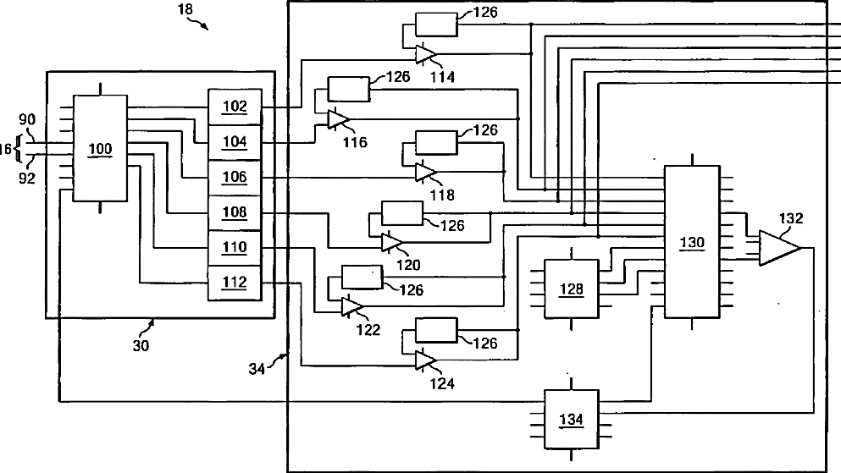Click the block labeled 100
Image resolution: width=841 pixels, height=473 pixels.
click(x=100, y=148)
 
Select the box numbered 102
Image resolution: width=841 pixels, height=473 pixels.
click(x=235, y=107)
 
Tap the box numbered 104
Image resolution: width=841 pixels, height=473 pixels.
click(x=235, y=142)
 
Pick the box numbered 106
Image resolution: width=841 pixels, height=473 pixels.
click(x=235, y=178)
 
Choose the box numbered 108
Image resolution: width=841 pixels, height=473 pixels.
click(x=235, y=213)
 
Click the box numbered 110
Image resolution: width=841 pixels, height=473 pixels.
click(x=235, y=248)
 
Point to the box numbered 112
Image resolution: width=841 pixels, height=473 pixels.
click(x=235, y=283)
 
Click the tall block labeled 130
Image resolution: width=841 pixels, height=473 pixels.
click(x=692, y=242)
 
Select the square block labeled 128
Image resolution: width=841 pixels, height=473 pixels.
click(x=571, y=289)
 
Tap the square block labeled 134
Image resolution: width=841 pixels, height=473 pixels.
click(x=571, y=419)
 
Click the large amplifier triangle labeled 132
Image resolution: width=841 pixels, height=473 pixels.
click(x=779, y=248)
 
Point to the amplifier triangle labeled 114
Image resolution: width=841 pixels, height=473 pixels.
click(x=425, y=54)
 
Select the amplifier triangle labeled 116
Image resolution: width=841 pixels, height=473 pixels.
click(x=338, y=119)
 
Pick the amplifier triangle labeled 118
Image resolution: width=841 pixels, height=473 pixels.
click(x=425, y=172)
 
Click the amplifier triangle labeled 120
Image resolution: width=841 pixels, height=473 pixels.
click(x=391, y=242)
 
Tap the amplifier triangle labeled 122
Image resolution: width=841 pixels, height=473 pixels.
click(x=351, y=306)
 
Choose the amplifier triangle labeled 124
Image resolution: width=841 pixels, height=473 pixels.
click(x=425, y=360)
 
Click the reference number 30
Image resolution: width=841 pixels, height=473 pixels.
click(x=141, y=345)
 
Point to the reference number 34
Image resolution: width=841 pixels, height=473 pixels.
click(x=257, y=369)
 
